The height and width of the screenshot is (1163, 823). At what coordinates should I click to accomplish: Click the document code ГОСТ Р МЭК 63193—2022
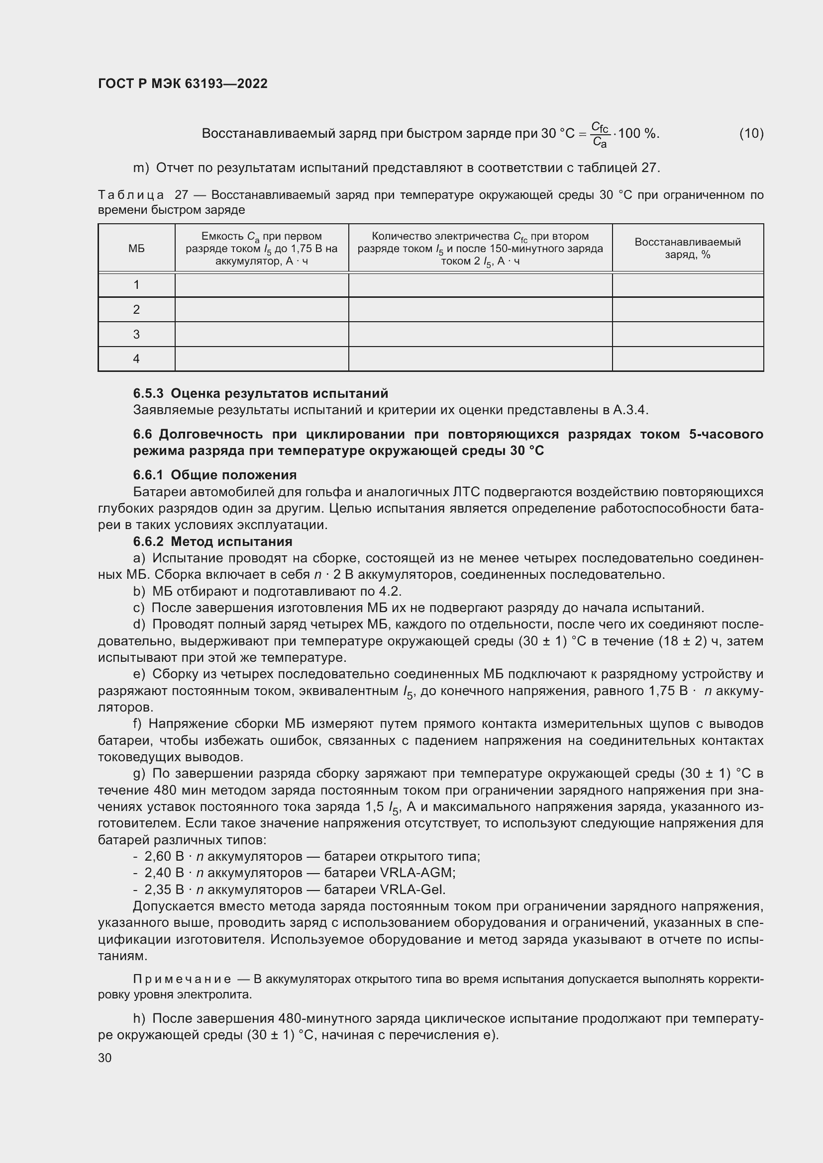click(x=183, y=84)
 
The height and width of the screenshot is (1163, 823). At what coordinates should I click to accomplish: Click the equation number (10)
click(x=751, y=133)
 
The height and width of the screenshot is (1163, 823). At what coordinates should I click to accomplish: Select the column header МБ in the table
click(x=136, y=248)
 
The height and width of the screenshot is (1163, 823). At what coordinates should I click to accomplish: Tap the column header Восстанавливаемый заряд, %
click(x=687, y=248)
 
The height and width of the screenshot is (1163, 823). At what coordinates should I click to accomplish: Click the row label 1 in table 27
click(x=136, y=285)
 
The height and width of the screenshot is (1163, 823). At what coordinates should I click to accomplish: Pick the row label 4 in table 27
click(x=136, y=358)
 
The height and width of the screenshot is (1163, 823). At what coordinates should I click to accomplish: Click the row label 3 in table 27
click(x=136, y=334)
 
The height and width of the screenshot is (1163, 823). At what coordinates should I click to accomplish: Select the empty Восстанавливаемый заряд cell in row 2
click(x=687, y=309)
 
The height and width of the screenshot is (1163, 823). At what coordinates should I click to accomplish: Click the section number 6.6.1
click(x=148, y=475)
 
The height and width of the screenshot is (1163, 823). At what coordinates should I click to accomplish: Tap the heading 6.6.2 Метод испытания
click(x=213, y=541)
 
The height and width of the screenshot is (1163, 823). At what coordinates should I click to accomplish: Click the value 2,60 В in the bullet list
click(x=164, y=857)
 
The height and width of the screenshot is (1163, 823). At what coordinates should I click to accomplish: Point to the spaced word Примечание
click(x=182, y=979)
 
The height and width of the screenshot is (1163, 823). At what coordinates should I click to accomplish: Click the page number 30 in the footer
click(x=105, y=1058)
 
